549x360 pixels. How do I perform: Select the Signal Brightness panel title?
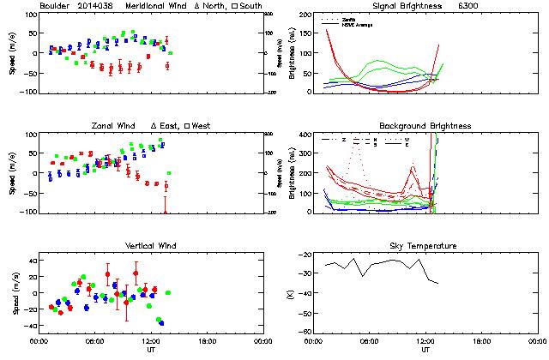coord(395,6)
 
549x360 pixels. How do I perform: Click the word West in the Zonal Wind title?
coord(202,126)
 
